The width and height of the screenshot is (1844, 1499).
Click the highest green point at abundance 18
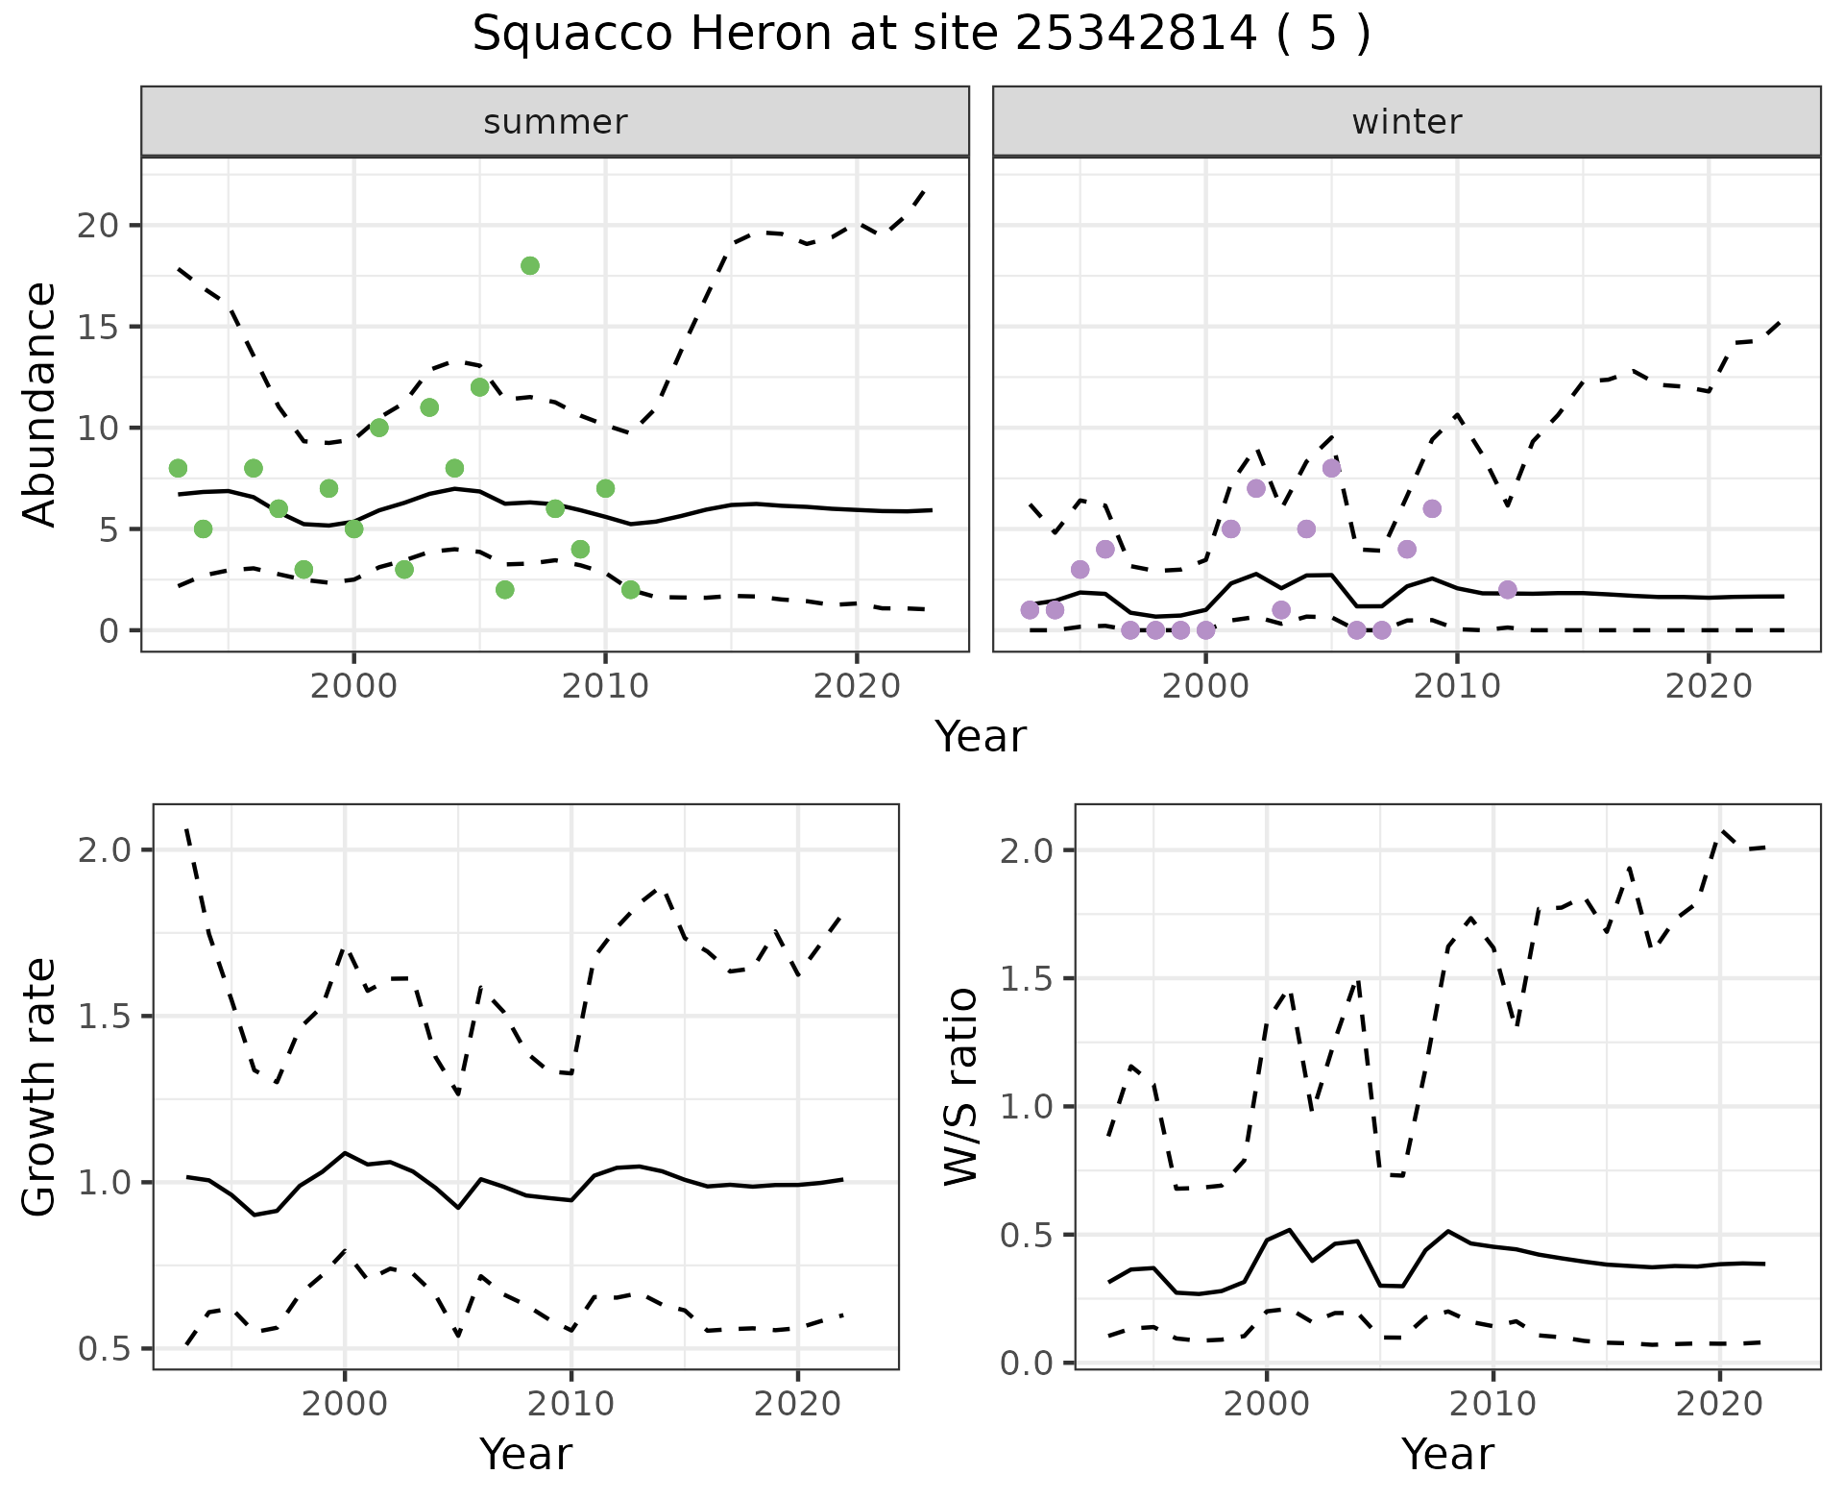[530, 266]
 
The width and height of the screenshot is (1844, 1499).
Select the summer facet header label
[555, 122]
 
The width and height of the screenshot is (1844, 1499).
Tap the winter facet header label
[1406, 122]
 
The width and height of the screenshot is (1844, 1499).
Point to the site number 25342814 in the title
[1135, 35]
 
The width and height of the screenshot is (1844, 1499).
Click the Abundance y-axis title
[40, 404]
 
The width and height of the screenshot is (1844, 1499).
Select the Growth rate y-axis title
[40, 1086]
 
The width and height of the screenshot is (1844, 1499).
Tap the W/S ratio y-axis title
[960, 1086]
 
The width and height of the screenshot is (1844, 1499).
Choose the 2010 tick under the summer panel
[605, 686]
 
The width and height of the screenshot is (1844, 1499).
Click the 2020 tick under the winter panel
[1709, 686]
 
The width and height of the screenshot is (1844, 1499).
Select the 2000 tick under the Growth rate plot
[345, 1405]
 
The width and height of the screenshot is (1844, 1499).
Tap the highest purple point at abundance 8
[1331, 468]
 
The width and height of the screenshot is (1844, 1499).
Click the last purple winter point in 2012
[1507, 590]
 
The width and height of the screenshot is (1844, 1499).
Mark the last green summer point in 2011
[630, 590]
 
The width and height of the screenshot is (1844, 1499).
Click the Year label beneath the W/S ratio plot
[1447, 1455]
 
